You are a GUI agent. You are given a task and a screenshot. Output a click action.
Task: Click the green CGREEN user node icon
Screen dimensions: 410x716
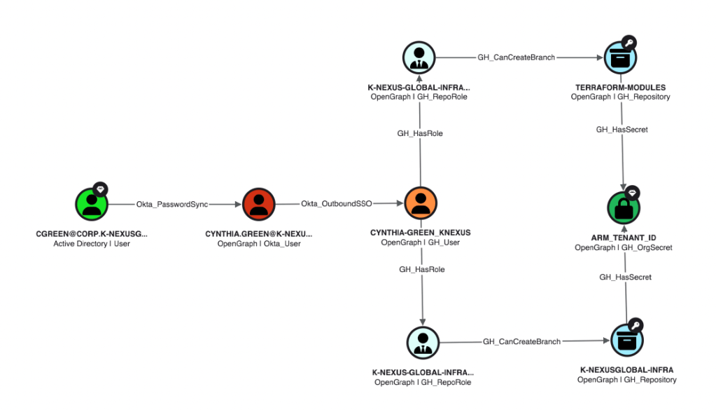[92, 204]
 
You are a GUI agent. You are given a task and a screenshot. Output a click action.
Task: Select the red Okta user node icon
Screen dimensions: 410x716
[258, 204]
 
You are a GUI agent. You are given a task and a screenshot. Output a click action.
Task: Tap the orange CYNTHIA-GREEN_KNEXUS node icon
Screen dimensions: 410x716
[420, 204]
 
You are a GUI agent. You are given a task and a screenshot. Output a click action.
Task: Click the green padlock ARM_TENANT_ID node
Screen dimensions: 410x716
[623, 207]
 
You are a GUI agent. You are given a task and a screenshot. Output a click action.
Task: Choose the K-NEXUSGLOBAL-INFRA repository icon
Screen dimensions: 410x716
[626, 341]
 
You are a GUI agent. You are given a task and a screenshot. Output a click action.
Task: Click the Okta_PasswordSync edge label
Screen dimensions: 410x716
[171, 204]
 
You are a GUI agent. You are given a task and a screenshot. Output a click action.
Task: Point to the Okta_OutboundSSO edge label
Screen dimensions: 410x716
[336, 204]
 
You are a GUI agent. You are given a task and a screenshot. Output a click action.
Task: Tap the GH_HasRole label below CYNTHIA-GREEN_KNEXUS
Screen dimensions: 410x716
[421, 269]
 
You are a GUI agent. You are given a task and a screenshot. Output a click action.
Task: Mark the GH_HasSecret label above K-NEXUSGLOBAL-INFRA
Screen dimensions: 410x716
[625, 277]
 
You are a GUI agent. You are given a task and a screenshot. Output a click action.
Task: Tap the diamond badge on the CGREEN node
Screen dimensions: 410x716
[101, 189]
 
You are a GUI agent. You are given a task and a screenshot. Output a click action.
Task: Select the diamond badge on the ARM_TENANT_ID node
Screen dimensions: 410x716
[633, 192]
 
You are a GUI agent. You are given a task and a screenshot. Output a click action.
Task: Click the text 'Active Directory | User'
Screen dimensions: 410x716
[92, 243]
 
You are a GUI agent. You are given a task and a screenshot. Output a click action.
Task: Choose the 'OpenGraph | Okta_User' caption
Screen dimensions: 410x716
[258, 243]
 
